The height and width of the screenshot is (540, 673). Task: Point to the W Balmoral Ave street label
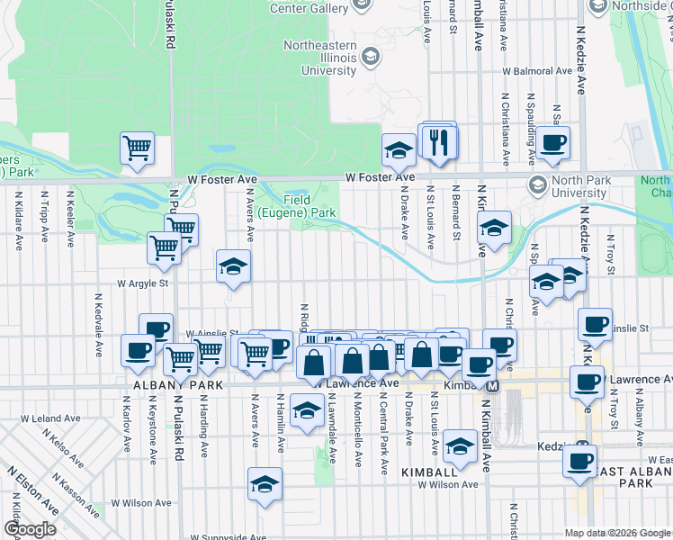(537, 69)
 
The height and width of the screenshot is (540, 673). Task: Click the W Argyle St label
(143, 283)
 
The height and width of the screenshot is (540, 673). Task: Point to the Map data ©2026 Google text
(616, 532)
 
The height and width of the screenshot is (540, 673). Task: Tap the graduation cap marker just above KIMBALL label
(460, 445)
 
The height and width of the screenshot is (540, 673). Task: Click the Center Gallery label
(309, 8)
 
